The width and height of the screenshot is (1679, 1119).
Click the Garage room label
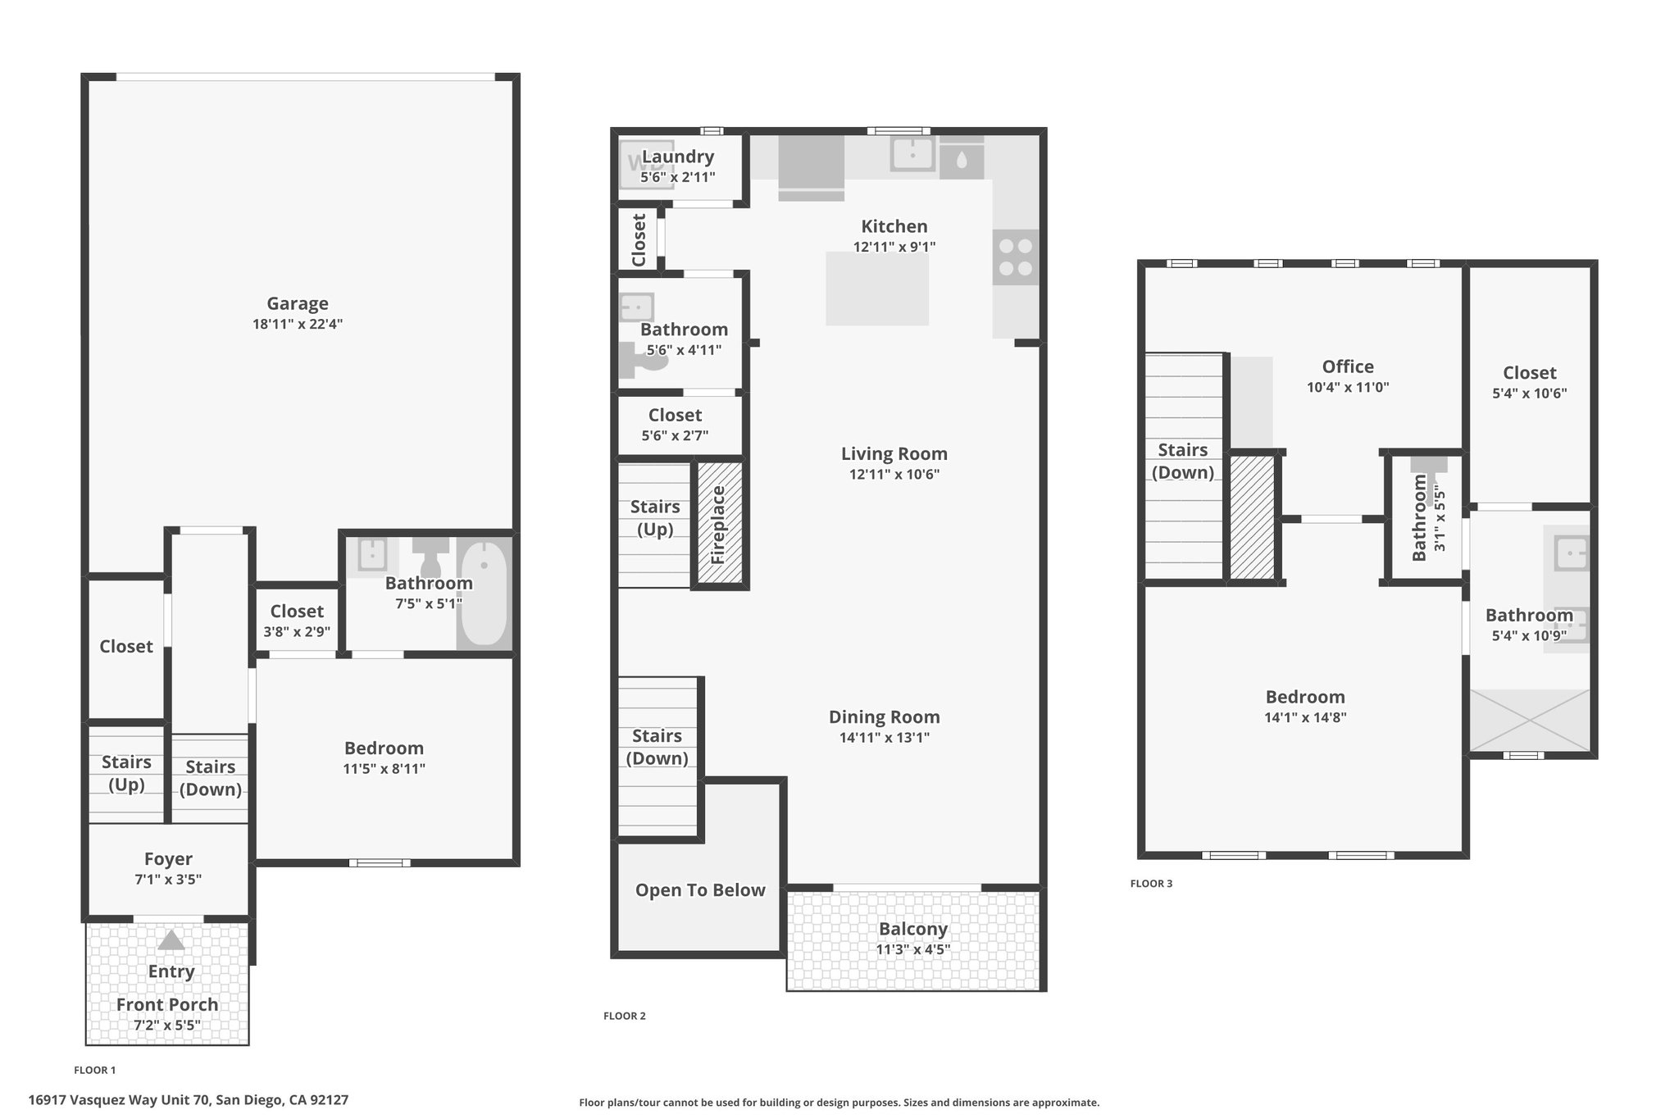click(x=298, y=303)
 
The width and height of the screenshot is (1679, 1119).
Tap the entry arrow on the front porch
click(x=171, y=940)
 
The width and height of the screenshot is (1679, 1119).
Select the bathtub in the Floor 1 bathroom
click(x=484, y=592)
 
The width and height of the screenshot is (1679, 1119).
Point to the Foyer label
click(x=168, y=859)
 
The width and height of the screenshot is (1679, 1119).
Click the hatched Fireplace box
click(x=720, y=524)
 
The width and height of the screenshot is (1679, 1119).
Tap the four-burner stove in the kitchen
click(x=1016, y=257)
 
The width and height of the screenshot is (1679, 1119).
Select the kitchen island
click(x=877, y=289)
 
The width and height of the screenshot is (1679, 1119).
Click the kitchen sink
click(x=912, y=153)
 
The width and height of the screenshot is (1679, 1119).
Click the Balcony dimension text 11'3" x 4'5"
click(x=913, y=950)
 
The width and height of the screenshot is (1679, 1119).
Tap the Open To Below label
click(x=700, y=890)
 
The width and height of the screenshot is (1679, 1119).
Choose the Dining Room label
click(x=885, y=717)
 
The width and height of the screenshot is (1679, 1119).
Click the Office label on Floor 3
click(x=1348, y=367)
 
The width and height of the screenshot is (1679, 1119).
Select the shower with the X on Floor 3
click(x=1530, y=720)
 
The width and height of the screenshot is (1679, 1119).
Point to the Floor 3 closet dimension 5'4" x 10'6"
click(x=1530, y=393)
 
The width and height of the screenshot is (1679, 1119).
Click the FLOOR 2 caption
click(x=625, y=1016)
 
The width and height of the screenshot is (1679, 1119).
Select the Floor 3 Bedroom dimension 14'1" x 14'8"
click(x=1305, y=717)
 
